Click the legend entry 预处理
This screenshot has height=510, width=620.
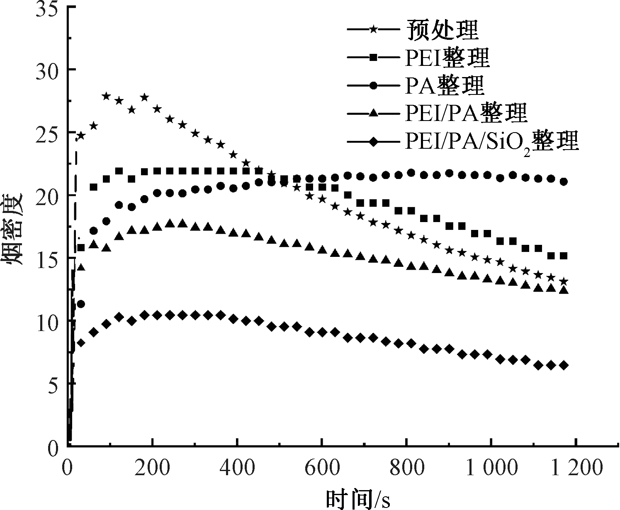click(x=442, y=30)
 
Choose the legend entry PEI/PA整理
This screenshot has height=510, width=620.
click(x=466, y=114)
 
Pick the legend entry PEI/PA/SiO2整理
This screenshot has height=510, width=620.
click(x=491, y=142)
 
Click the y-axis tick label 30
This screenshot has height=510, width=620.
click(x=46, y=70)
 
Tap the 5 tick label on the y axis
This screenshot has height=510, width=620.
click(x=51, y=384)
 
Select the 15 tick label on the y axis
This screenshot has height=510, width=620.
click(x=46, y=259)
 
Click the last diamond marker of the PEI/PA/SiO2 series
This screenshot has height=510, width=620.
click(x=564, y=365)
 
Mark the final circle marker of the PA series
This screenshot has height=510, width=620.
click(x=564, y=181)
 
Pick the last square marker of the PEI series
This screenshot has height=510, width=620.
click(x=564, y=256)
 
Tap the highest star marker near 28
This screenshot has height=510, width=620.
click(x=106, y=96)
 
